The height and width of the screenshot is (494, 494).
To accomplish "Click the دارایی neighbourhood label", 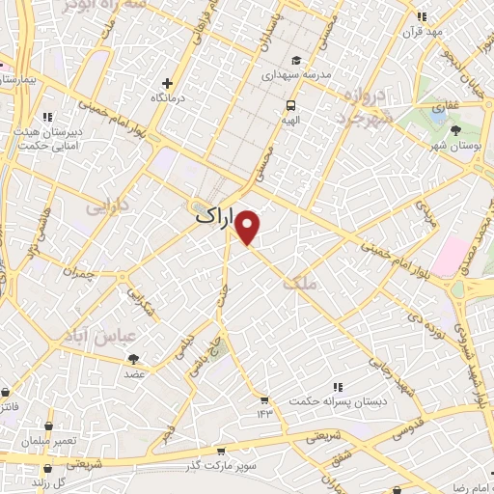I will coord(106,206).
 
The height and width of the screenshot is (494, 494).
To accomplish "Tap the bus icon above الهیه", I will coord(288,105).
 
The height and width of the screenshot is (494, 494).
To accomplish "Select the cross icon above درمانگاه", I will coord(168,84).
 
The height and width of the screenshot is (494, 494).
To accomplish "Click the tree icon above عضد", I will coord(133,359).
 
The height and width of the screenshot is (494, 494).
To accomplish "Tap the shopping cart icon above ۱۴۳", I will coord(263,399).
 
